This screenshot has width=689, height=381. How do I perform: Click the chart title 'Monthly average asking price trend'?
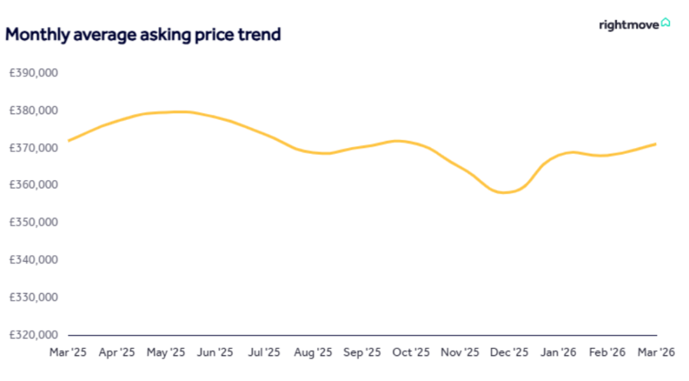(143, 34)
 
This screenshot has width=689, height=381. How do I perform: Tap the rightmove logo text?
(628, 26)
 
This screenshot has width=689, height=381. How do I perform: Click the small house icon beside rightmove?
(665, 23)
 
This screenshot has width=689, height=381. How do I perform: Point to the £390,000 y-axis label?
(34, 73)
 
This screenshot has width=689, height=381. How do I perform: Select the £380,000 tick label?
(34, 110)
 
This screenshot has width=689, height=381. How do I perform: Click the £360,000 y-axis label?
(34, 185)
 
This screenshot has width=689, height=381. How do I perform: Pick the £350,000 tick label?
(34, 223)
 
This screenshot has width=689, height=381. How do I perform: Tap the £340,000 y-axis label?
(34, 260)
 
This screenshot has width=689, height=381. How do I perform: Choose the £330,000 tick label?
(34, 297)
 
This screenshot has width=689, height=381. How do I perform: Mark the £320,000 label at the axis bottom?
(34, 334)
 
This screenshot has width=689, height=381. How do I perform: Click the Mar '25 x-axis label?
(68, 352)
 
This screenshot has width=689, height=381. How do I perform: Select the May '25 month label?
(166, 352)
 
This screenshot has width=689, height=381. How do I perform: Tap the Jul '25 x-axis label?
(264, 352)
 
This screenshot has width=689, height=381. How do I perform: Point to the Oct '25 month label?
(411, 352)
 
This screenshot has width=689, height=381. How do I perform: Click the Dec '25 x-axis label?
(510, 352)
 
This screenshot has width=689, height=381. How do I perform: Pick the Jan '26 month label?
(559, 352)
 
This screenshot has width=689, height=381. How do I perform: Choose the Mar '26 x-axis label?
(656, 352)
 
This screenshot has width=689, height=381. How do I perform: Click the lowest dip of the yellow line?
(504, 192)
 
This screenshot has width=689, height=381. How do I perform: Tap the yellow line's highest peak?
(179, 112)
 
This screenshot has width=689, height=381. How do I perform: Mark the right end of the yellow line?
(656, 144)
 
